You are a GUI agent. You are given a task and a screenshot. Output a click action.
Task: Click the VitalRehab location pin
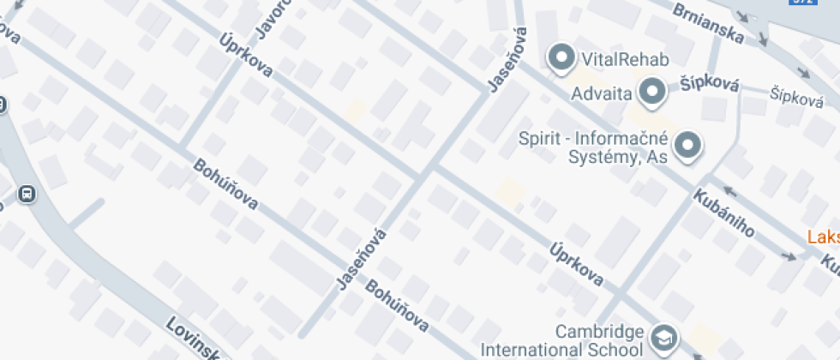pyautogui.click(x=561, y=57)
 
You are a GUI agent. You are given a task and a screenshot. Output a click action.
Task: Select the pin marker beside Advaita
pyautogui.click(x=654, y=90)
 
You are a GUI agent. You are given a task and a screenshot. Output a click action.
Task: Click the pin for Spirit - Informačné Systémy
pyautogui.click(x=687, y=146)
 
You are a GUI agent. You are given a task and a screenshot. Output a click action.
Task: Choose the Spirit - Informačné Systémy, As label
pyautogui.click(x=595, y=147)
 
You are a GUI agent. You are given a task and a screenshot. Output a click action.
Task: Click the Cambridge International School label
pyautogui.click(x=561, y=340)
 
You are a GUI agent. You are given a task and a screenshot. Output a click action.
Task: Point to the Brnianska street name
pyautogui.click(x=707, y=24)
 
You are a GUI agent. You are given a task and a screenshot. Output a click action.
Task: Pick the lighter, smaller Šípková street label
pyautogui.click(x=796, y=97)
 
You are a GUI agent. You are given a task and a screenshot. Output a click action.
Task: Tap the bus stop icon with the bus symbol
pyautogui.click(x=27, y=194)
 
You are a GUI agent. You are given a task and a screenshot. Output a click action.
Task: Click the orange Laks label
pyautogui.click(x=824, y=237)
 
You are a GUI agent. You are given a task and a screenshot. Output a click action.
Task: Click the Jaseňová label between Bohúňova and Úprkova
pyautogui.click(x=358, y=257)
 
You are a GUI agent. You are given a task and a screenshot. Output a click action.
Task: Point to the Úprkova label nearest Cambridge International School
pyautogui.click(x=577, y=263)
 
